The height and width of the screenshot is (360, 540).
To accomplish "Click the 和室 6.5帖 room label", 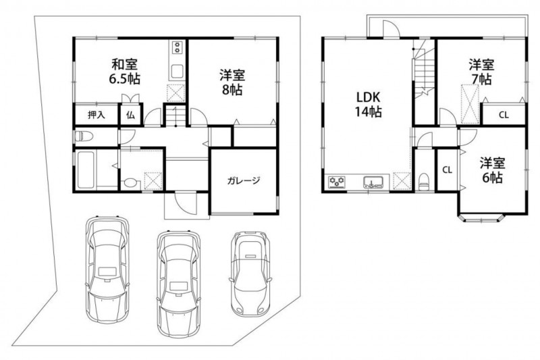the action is coord(124,72).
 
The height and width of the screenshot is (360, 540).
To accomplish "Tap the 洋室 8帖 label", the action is coord(232,82).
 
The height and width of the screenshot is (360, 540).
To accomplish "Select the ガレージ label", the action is coord(244,180).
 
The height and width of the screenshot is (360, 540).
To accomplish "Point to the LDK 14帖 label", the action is coord(368,105).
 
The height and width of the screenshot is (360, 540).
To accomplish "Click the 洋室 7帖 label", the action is coord(481,72).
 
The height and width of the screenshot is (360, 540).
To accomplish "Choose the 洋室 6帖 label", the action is coord(493,170).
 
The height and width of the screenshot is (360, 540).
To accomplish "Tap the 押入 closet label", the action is coord(96,115).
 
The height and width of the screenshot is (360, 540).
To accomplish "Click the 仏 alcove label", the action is coord(130,115).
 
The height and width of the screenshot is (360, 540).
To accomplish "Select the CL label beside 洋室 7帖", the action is coord(504,115).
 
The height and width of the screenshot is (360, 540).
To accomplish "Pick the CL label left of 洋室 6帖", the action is coord(447,170).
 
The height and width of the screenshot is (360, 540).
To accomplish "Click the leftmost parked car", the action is coord(107,269).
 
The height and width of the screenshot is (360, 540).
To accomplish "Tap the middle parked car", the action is coord(178,282).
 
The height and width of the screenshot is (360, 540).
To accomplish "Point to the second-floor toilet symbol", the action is coord(425,181).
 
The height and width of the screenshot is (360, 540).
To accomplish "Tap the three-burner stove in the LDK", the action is coord(336,182).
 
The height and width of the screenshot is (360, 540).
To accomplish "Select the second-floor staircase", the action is coord(424,68).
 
